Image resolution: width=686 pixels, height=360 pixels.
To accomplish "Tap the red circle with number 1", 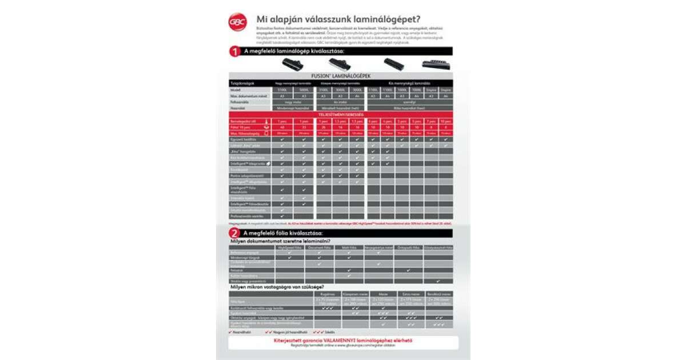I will (x=234, y=51).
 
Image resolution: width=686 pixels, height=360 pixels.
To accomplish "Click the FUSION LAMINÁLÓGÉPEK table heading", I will (x=341, y=76).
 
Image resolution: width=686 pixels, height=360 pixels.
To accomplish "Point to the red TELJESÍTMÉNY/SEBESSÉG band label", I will (x=341, y=115).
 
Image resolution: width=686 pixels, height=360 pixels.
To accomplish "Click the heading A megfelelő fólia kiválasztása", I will (x=284, y=233).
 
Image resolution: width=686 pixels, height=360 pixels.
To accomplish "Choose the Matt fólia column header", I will (x=349, y=247).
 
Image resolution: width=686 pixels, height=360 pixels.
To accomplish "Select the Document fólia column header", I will (x=319, y=247).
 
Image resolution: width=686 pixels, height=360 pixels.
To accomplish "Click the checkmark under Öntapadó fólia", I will (x=408, y=270).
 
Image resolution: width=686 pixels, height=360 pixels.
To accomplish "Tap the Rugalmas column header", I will (x=328, y=293).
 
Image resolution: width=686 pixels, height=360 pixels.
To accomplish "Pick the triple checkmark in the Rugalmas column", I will (x=328, y=308).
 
